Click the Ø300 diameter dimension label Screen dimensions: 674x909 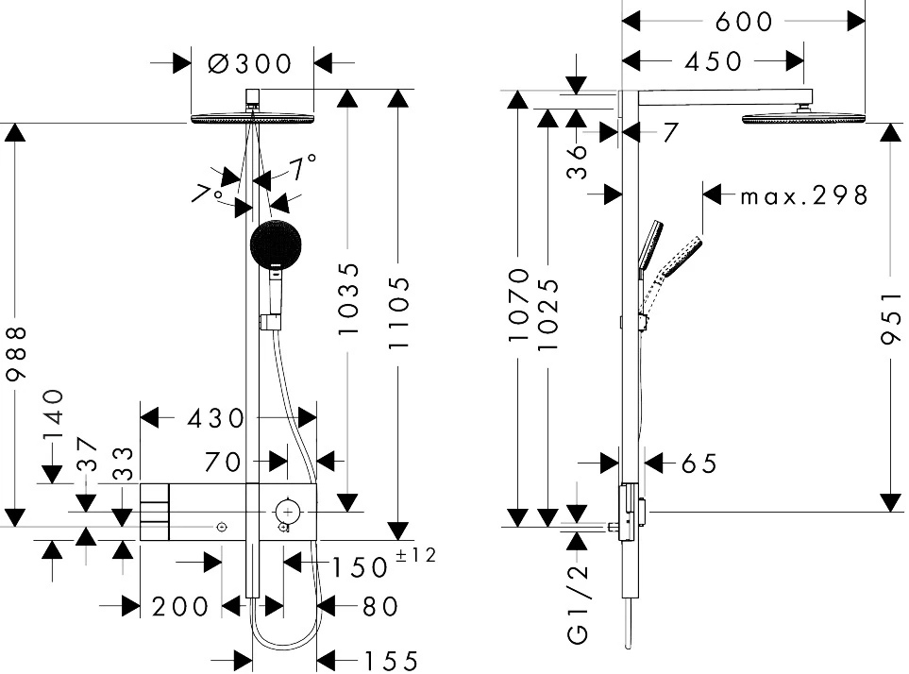click(250, 63)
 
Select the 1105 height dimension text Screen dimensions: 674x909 click(400, 314)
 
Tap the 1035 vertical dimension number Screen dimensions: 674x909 click(349, 299)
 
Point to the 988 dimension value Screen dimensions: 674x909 click(14, 354)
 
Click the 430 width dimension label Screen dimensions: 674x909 click(216, 417)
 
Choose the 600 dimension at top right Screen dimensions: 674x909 click(744, 21)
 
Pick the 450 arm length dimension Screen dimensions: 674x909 click(714, 61)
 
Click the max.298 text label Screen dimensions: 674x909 click(803, 195)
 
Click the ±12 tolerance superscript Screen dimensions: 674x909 click(415, 556)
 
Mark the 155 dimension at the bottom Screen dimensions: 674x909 click(380, 662)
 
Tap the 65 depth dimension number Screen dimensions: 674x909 click(699, 463)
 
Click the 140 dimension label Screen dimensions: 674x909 click(53, 415)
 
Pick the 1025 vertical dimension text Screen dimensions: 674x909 click(547, 313)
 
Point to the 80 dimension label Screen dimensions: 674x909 click(380, 606)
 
